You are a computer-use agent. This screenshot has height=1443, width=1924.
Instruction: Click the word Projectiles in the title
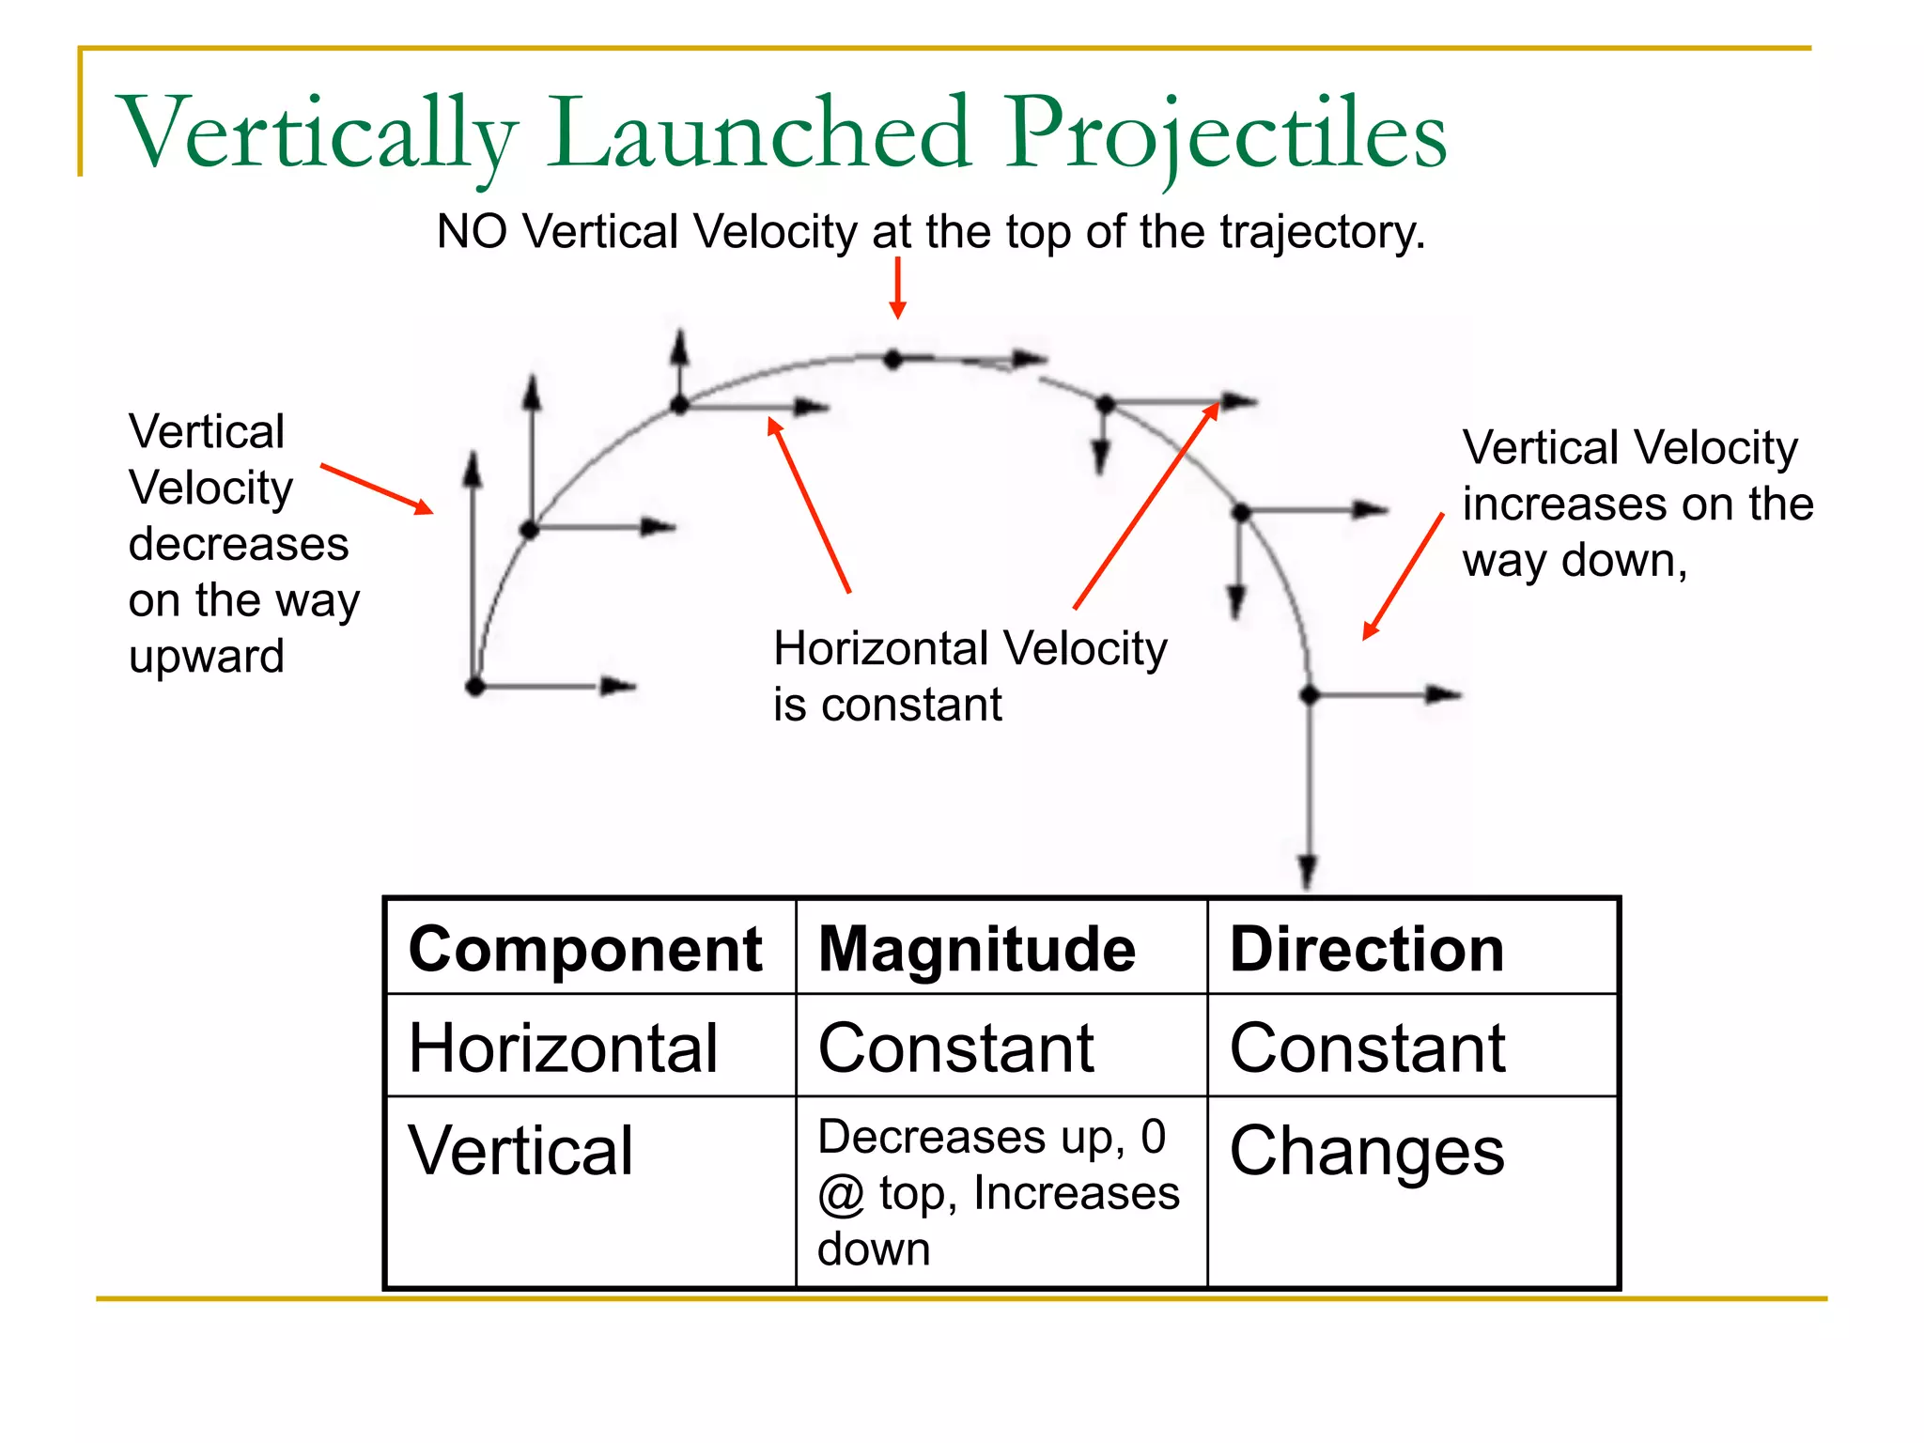pos(1227,133)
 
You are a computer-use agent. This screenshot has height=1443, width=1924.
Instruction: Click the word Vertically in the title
pos(318,133)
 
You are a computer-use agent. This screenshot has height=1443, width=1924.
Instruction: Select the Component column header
pos(585,949)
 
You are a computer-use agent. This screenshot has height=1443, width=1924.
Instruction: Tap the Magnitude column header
pos(977,949)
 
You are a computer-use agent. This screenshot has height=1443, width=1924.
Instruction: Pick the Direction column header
pos(1367,949)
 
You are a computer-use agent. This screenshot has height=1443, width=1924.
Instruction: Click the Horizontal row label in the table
pos(564,1047)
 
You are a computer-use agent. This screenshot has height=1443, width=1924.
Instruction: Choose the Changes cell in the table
pos(1367,1151)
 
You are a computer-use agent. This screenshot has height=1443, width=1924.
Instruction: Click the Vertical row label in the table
pos(521,1151)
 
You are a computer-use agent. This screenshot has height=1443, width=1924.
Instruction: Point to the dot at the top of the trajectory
pos(892,359)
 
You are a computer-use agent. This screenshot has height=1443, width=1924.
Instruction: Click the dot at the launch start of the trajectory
pos(475,687)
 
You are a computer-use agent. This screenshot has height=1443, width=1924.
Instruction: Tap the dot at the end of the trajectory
pos(1309,695)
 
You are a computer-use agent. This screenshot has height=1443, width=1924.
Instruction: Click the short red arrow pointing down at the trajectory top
pos(897,287)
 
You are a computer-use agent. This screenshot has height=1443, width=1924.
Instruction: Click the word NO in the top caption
pos(472,231)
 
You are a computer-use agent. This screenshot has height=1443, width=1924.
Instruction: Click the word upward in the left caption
pos(207,656)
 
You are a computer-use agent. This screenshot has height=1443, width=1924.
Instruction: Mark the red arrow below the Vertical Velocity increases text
pos(1403,576)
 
